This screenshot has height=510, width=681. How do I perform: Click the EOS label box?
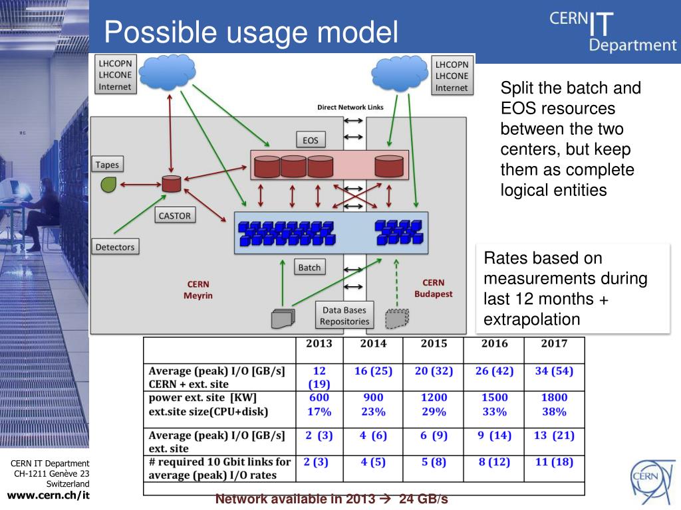311,139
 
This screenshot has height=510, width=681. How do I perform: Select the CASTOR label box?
175,215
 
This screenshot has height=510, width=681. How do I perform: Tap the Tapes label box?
107,165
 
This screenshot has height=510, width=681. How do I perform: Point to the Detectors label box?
115,246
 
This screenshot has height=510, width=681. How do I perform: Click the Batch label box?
309,267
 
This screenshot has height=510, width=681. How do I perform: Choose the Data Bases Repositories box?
344,315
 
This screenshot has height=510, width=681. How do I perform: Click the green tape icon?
108,185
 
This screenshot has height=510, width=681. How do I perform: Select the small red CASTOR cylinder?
171,183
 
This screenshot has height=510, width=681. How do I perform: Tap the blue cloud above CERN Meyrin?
167,72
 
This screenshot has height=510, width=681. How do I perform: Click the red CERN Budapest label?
433,288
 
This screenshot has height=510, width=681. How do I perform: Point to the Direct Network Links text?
350,107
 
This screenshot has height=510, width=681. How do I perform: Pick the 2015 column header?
434,343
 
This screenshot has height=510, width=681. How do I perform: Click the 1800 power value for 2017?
554,397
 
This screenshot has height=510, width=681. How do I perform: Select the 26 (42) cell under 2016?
494,371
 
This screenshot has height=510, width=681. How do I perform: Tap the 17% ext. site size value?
319,412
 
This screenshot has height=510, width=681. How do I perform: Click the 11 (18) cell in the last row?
554,462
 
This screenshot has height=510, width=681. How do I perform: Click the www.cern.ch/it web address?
48,495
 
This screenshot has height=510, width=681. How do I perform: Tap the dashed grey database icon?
397,319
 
